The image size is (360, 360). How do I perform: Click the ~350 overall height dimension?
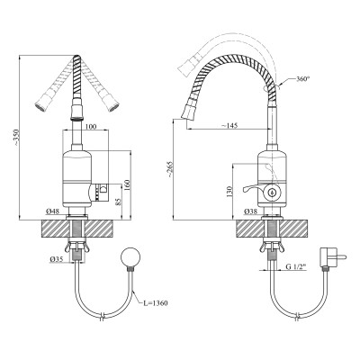pyautogui.click(x=16, y=138)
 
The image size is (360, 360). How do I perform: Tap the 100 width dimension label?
pyautogui.click(x=91, y=127)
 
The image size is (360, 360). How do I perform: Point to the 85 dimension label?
pyautogui.click(x=118, y=201)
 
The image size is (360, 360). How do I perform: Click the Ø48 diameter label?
pyautogui.click(x=52, y=211)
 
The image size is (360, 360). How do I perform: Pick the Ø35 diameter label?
pyautogui.click(x=57, y=259)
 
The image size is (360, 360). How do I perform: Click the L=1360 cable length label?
pyautogui.click(x=155, y=303)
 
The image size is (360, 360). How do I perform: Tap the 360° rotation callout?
pyautogui.click(x=302, y=79)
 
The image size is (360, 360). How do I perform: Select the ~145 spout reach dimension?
pyautogui.click(x=229, y=125)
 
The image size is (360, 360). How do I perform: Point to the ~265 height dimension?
pyautogui.click(x=170, y=171)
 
